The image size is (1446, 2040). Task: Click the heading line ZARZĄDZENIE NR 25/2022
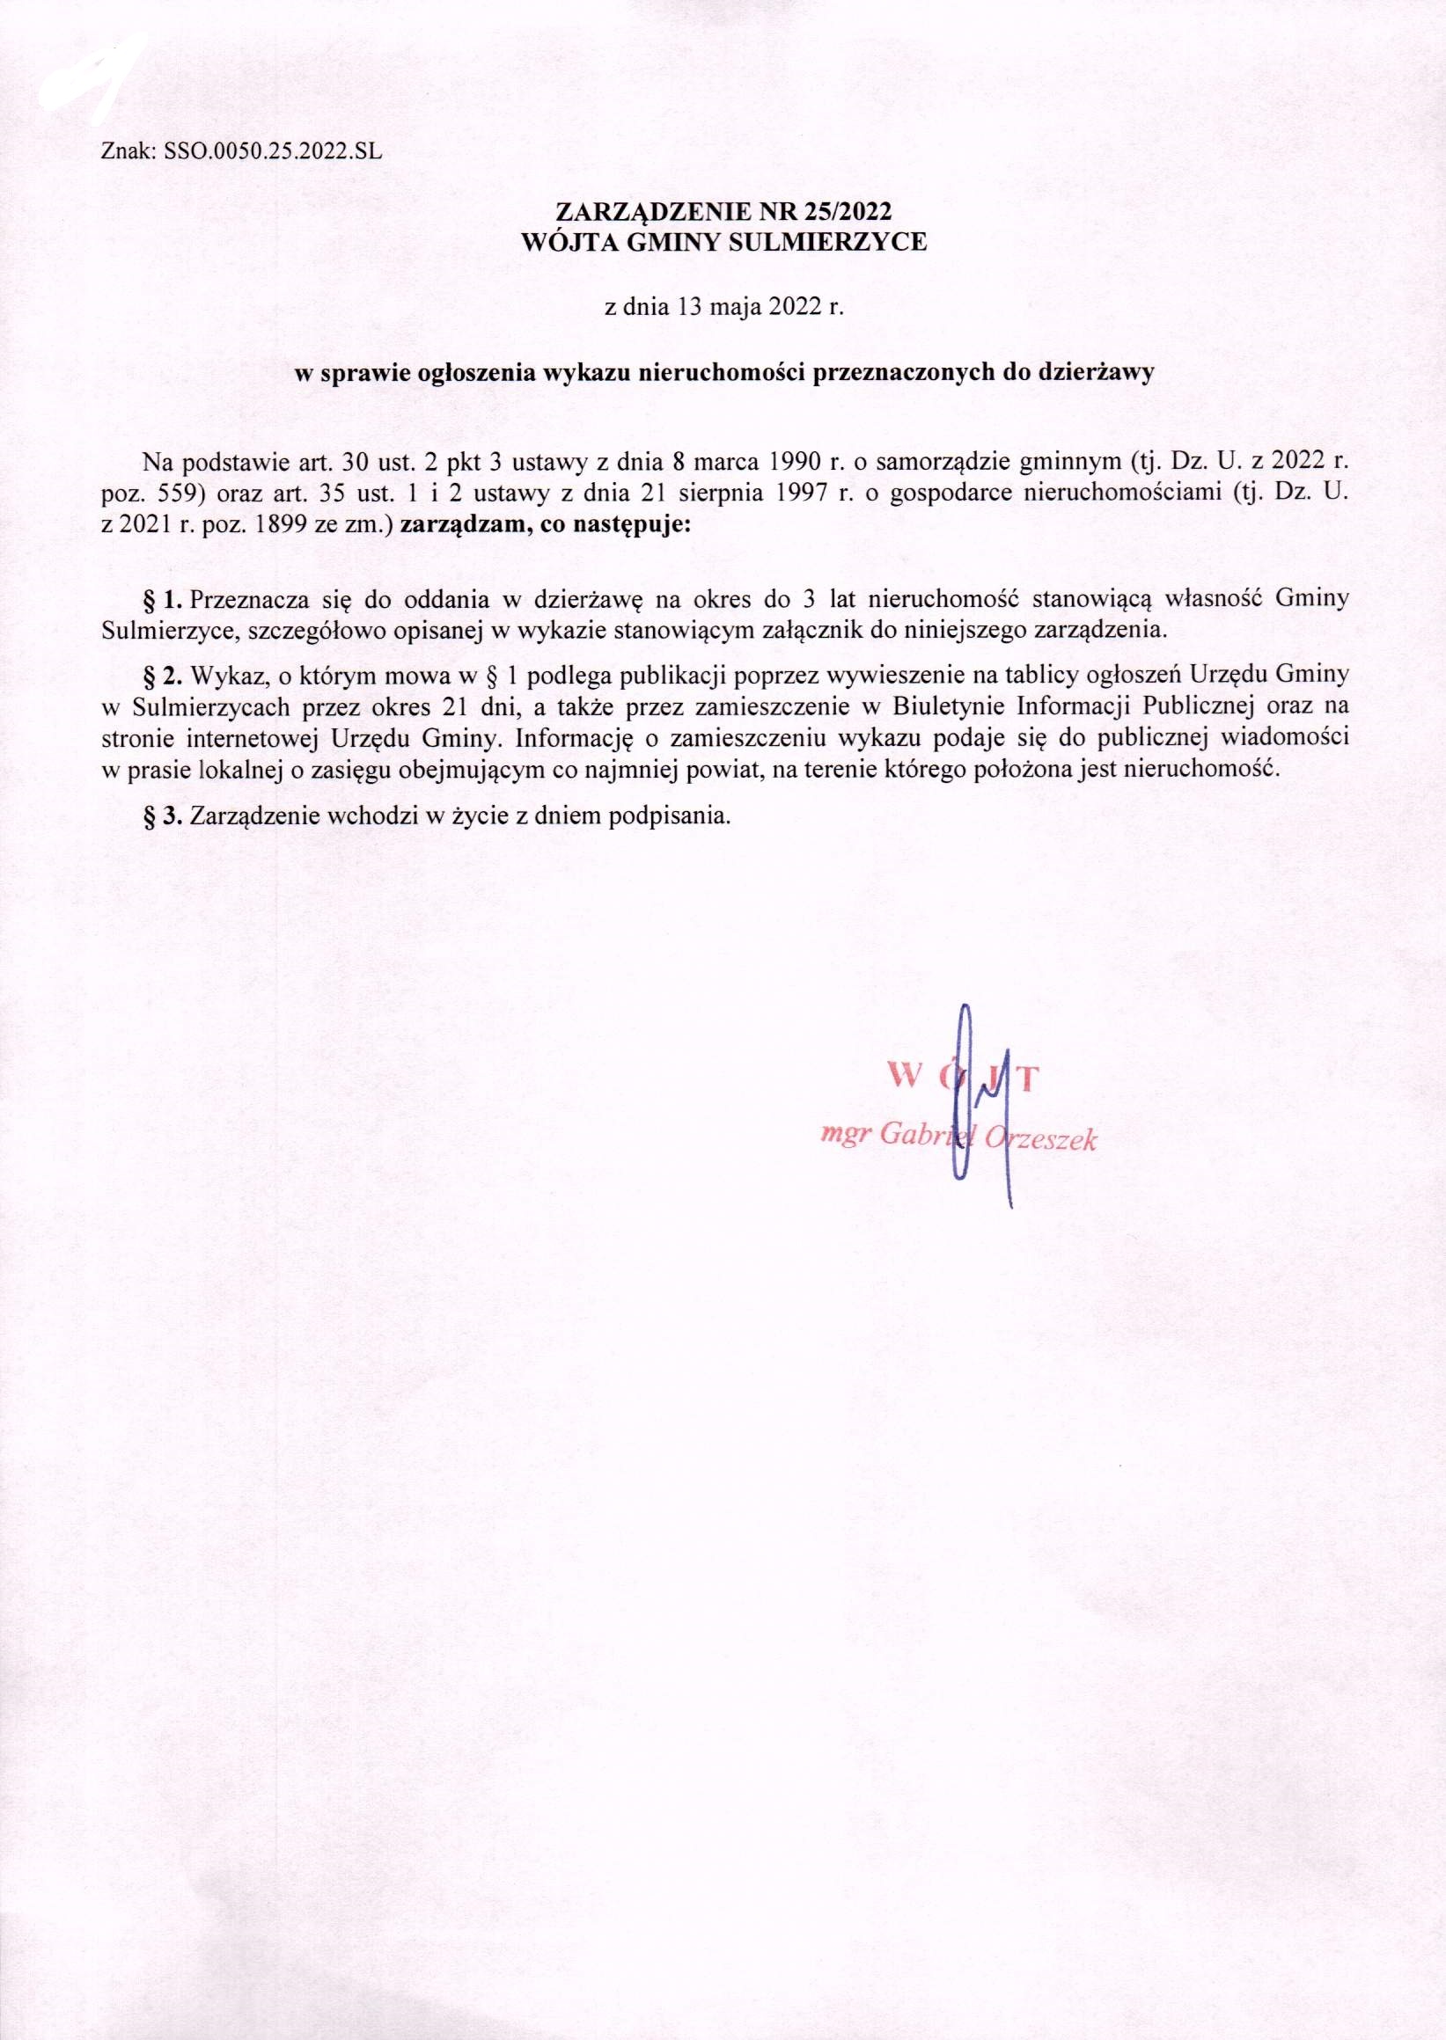pos(723,214)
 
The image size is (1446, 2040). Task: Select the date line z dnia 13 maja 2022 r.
pos(723,310)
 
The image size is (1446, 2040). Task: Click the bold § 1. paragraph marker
pos(162,598)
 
